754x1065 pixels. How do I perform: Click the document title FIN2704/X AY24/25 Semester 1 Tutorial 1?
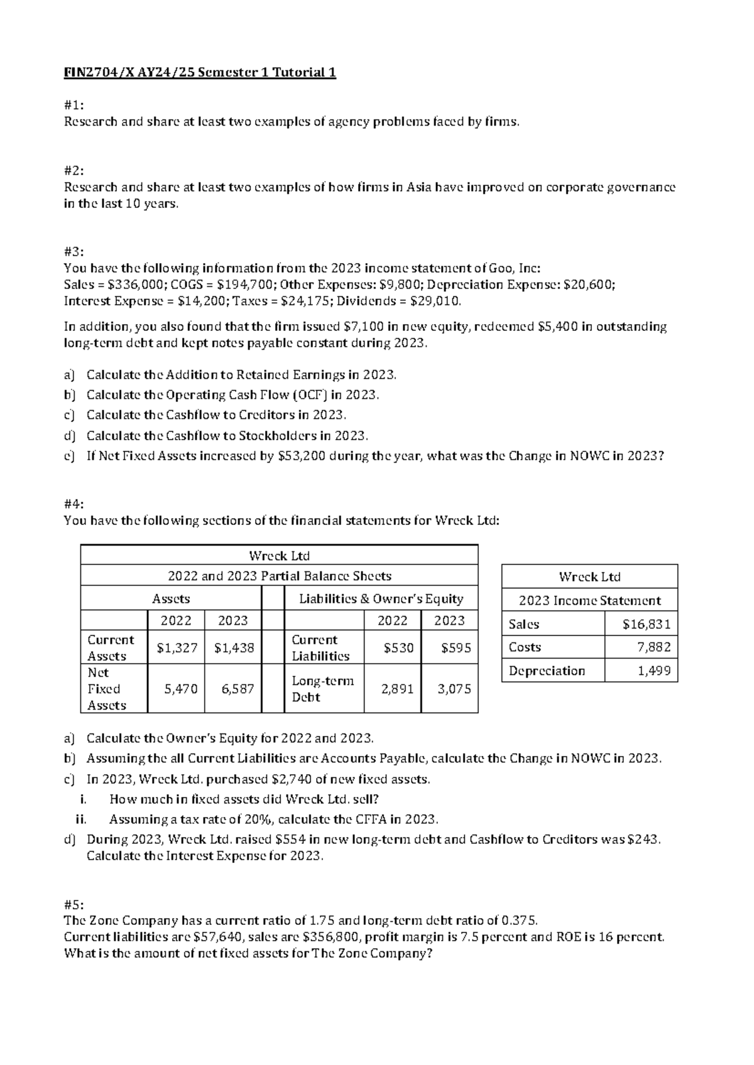click(x=200, y=73)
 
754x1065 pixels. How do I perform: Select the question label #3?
click(x=73, y=252)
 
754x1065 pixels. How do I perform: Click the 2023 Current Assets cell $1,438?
click(x=233, y=647)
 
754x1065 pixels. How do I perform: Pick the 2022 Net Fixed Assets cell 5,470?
click(x=180, y=689)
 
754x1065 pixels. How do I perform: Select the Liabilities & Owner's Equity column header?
click(x=381, y=598)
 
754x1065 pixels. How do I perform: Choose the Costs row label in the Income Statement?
click(x=525, y=647)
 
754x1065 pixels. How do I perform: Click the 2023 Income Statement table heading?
click(x=589, y=600)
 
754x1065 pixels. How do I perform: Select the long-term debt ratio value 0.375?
click(x=519, y=921)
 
